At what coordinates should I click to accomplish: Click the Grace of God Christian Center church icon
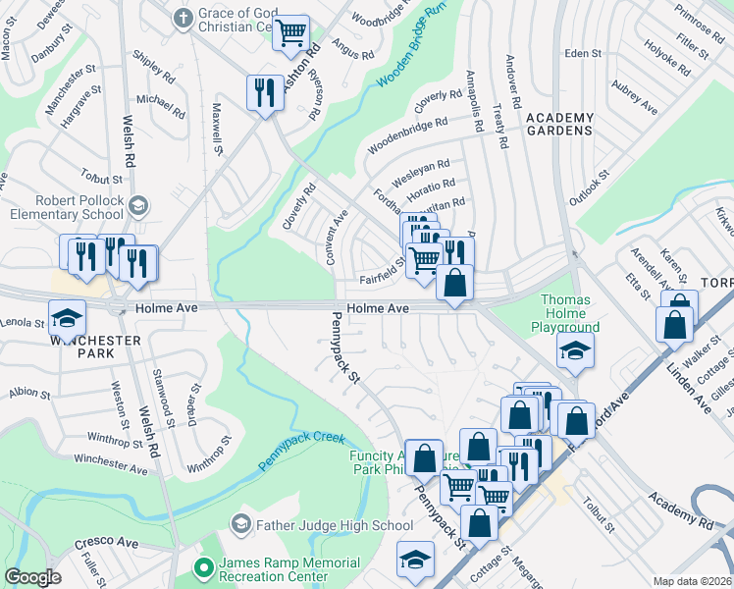coord(182,18)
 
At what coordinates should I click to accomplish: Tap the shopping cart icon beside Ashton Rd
coord(290,32)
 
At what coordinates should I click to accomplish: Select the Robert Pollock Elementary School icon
coord(138,205)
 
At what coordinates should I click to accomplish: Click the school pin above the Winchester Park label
coord(67,318)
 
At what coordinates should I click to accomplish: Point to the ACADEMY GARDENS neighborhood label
coord(559,124)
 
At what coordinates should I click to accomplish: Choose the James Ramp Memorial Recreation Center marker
coord(204,568)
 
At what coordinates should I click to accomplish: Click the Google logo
coord(32,577)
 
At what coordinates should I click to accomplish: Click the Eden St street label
coord(582,54)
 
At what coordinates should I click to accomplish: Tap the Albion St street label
coord(29,394)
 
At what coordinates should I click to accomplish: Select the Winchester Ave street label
coord(110,464)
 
